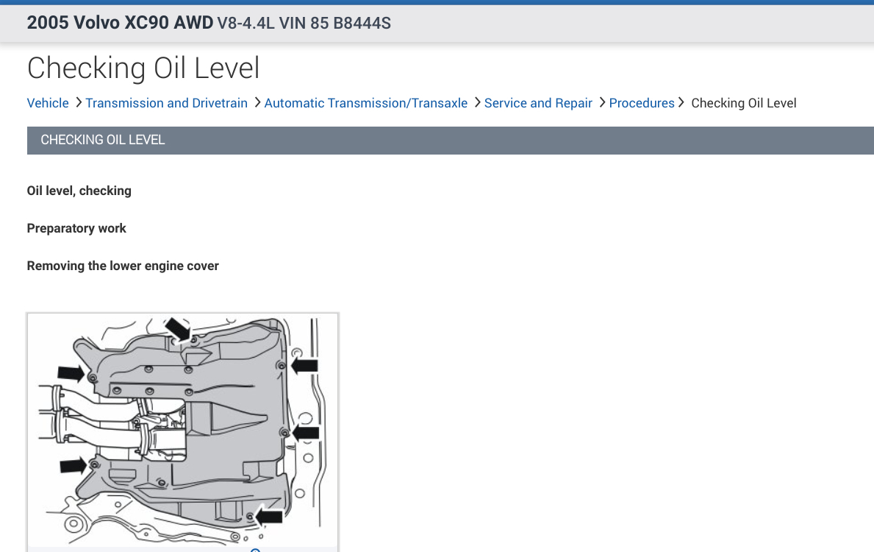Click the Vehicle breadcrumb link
click(48, 103)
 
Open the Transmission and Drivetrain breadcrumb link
click(166, 103)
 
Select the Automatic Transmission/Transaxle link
click(365, 103)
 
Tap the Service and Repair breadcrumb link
click(538, 103)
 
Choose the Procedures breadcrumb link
click(642, 103)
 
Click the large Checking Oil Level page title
click(143, 68)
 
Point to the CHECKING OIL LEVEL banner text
click(103, 140)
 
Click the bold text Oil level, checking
click(79, 191)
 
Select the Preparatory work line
click(76, 228)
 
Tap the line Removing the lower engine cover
click(123, 266)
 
